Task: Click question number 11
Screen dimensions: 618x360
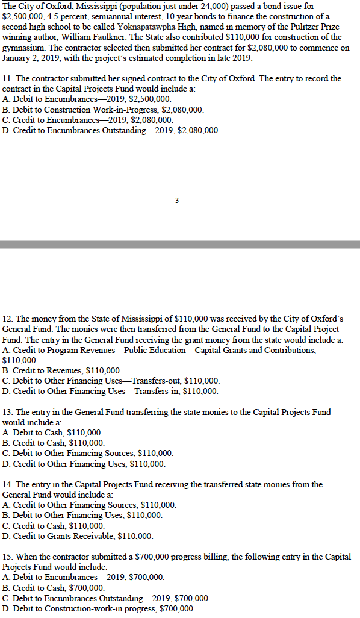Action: coord(8,79)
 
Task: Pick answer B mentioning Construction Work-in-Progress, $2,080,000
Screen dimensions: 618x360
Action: coord(103,110)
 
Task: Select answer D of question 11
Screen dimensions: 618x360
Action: coord(111,130)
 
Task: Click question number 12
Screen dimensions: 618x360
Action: coord(8,317)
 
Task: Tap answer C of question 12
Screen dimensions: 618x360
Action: coord(111,381)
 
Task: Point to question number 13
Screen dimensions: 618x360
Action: coord(8,412)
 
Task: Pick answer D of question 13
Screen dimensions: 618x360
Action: coord(84,463)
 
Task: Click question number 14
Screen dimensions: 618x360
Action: coord(8,484)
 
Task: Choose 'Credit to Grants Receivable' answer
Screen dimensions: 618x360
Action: coord(78,535)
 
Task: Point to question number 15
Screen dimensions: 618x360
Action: coord(8,557)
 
